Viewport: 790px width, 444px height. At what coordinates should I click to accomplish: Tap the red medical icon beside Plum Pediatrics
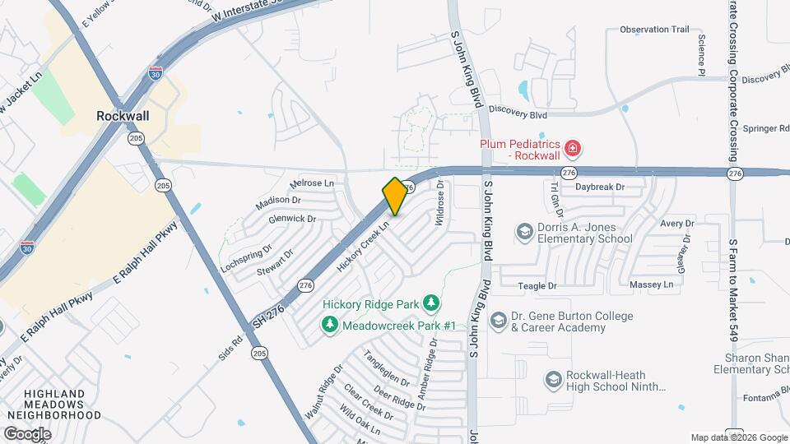(x=573, y=150)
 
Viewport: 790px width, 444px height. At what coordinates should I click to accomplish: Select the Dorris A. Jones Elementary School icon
(x=523, y=233)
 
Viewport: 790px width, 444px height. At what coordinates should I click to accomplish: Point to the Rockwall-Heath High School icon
(x=553, y=380)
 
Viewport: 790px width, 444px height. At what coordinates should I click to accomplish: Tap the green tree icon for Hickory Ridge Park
(x=430, y=303)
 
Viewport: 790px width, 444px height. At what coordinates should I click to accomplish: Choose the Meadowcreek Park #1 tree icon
(x=329, y=326)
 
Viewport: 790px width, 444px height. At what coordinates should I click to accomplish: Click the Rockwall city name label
(x=123, y=116)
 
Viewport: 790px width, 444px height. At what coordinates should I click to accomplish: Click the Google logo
(x=27, y=433)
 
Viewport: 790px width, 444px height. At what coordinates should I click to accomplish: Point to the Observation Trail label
(x=654, y=30)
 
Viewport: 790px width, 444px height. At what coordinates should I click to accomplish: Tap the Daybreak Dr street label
(x=600, y=187)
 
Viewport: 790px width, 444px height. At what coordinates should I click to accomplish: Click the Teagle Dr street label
(x=537, y=285)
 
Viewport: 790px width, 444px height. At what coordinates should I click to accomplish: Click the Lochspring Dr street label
(x=246, y=258)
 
